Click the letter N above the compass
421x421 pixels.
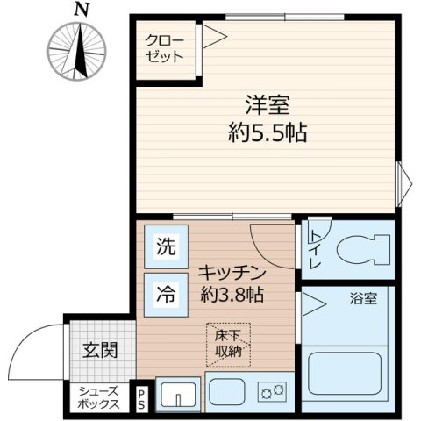click(81, 10)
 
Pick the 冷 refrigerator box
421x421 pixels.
click(165, 291)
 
